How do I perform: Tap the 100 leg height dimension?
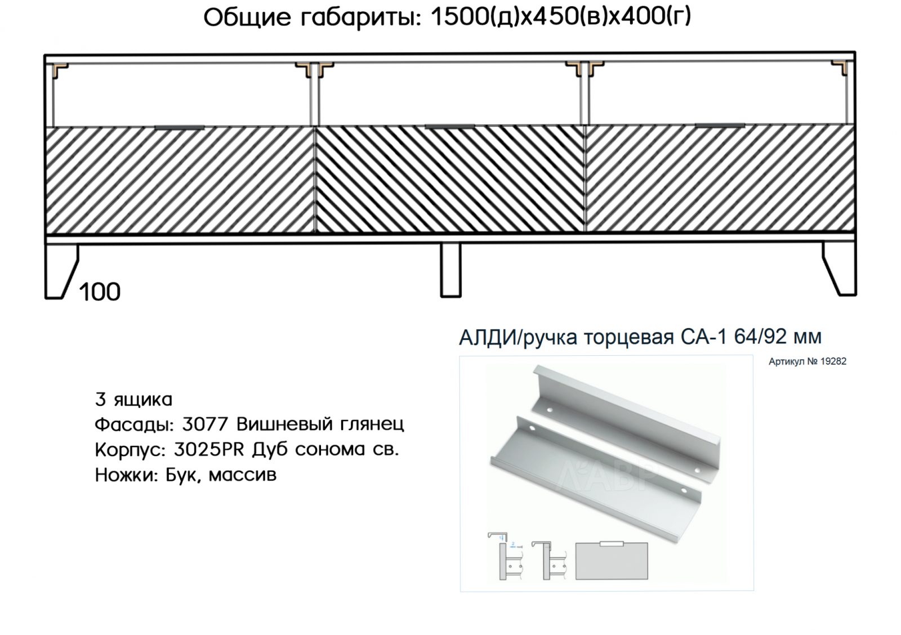coord(100,292)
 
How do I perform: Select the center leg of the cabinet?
coord(450,270)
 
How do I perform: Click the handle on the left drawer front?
coord(180,128)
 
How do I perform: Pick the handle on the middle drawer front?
coord(450,127)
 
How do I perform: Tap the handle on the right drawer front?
coord(720,126)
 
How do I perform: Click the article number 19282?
coord(833,361)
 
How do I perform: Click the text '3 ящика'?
coord(133,399)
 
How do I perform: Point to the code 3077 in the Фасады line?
coord(206,424)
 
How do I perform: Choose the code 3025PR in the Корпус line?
coord(209,450)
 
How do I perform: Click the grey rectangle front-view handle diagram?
coord(612,561)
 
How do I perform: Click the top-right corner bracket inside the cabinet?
coord(840,68)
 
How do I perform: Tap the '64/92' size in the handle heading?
coord(760,337)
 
